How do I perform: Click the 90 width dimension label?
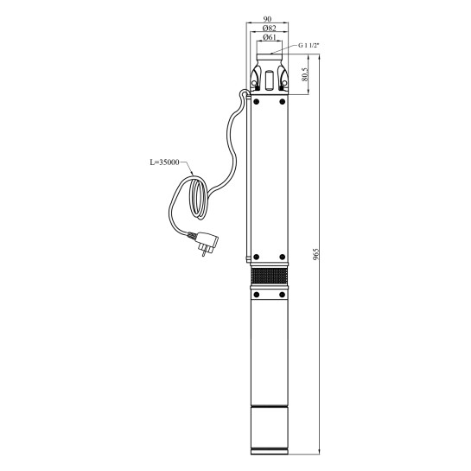tap(267, 19)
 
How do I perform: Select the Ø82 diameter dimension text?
tap(269, 29)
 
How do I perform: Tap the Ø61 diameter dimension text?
tap(269, 37)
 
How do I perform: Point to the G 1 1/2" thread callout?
tap(308, 46)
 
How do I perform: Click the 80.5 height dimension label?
tap(305, 74)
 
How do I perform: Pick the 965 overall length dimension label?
tap(316, 254)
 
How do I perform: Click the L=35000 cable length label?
tap(164, 162)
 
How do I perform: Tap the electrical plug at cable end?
tap(207, 244)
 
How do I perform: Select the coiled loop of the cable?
tap(198, 198)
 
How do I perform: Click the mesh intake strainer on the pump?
tap(269, 277)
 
